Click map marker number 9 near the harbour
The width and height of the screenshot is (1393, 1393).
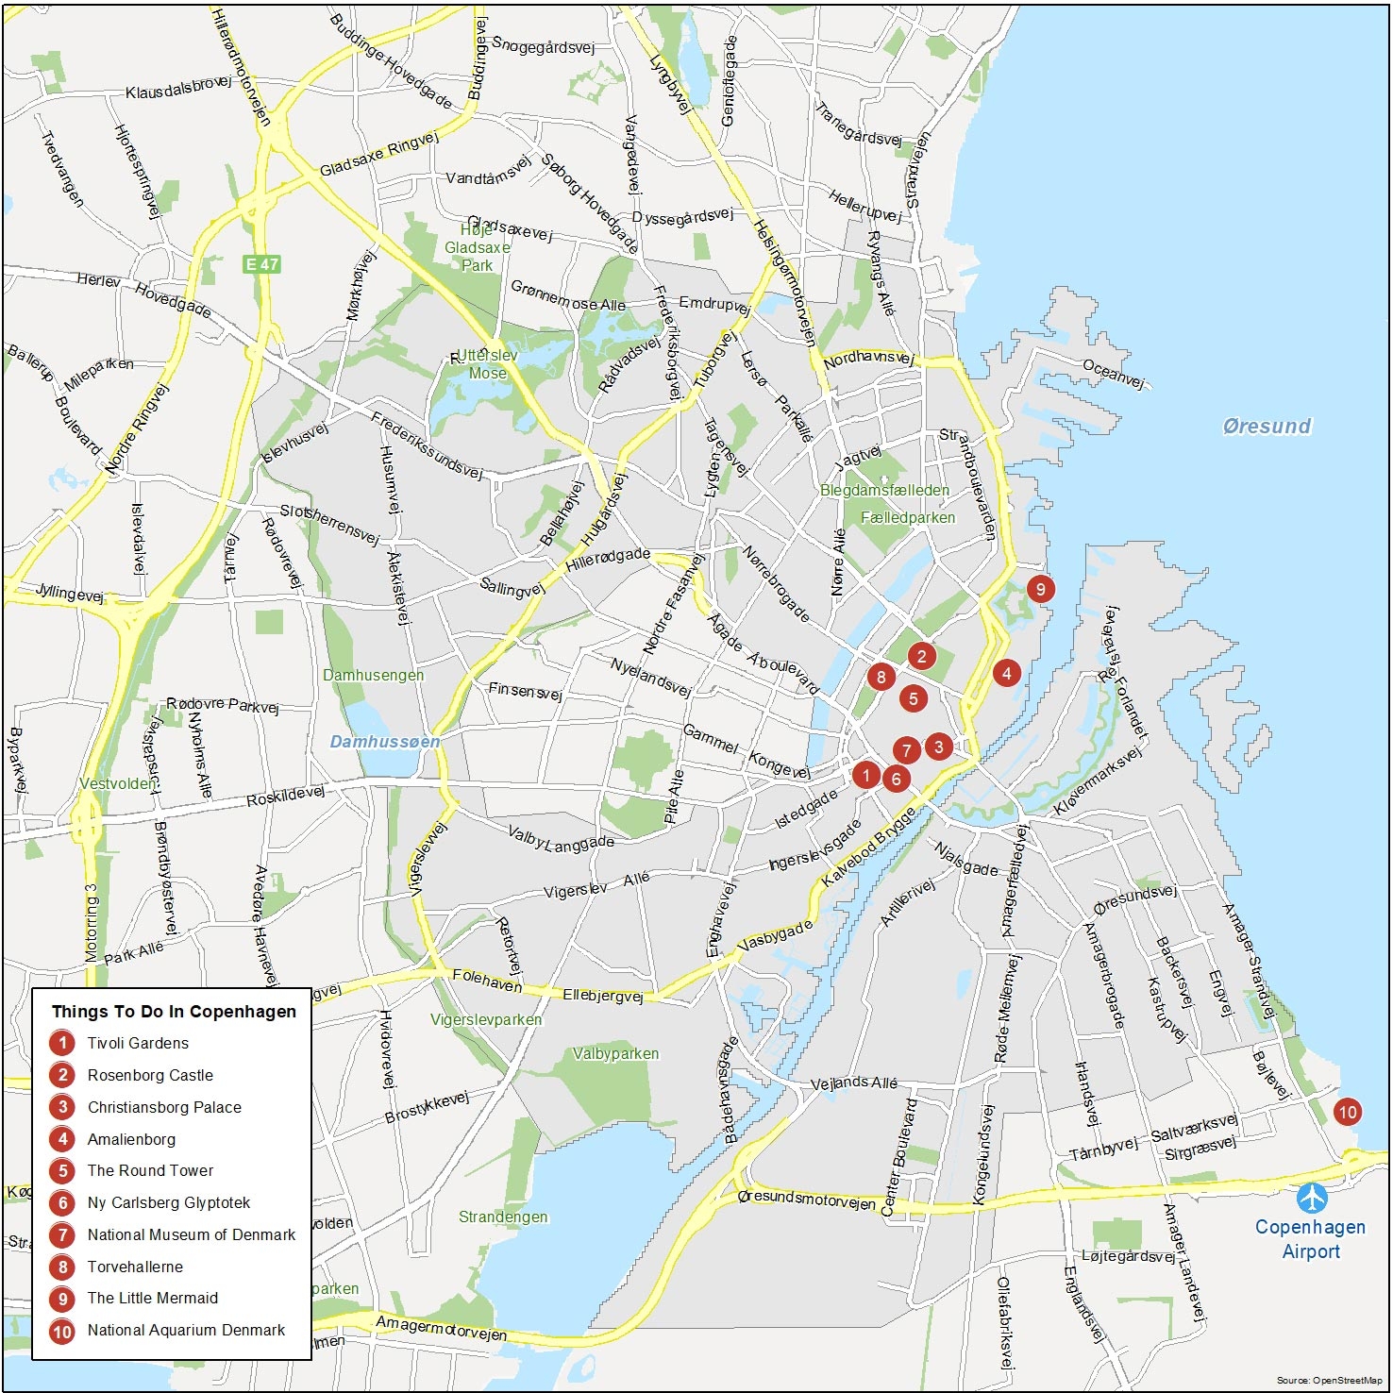click(1040, 589)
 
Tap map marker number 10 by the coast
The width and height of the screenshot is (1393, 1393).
click(1347, 1112)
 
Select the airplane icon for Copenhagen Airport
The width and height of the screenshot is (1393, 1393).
click(1312, 1199)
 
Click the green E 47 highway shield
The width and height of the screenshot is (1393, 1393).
click(261, 264)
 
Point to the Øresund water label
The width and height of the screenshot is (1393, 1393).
click(1267, 426)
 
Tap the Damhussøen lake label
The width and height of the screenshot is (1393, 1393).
click(385, 742)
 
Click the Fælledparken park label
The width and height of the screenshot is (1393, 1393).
click(908, 517)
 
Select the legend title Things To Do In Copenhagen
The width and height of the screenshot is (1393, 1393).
click(174, 1012)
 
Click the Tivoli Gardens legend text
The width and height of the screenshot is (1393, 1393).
click(138, 1043)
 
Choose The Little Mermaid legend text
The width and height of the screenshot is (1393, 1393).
click(153, 1298)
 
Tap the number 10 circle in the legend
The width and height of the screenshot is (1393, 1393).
click(62, 1331)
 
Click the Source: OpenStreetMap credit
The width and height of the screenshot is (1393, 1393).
click(1329, 1381)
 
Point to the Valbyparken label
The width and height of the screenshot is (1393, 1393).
click(615, 1053)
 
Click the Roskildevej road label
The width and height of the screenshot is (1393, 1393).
click(285, 797)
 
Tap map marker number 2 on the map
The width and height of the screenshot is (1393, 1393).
click(921, 655)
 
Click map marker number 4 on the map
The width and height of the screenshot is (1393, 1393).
click(1006, 673)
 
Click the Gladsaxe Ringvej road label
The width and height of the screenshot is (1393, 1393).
click(379, 155)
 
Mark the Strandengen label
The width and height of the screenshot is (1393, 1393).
click(503, 1217)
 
